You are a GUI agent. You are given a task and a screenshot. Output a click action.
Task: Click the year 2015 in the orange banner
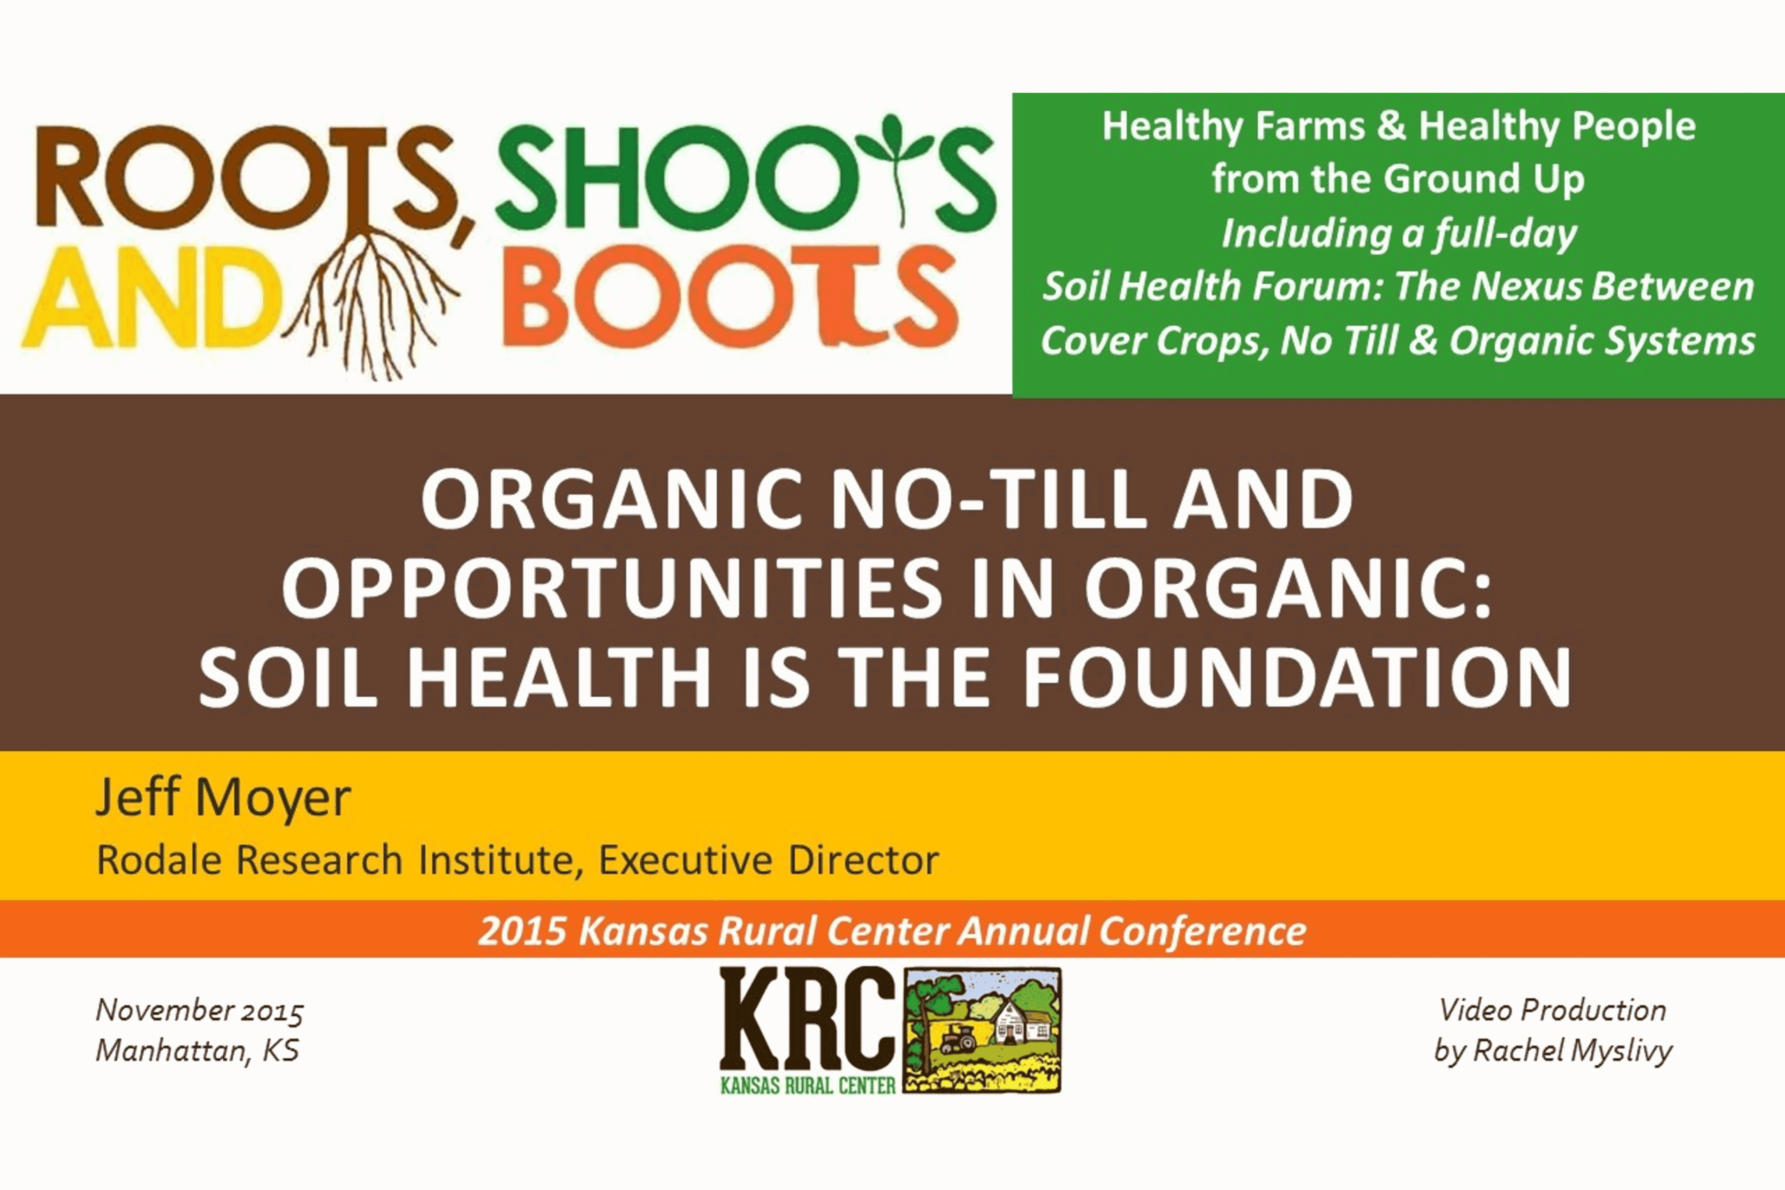(522, 931)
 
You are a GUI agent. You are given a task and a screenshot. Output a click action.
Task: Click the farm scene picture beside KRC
(982, 1030)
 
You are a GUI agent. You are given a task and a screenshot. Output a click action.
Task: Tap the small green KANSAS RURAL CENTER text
(808, 1086)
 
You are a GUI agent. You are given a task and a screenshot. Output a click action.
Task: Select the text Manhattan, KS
(197, 1051)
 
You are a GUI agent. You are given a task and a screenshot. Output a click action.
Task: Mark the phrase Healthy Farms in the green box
(1233, 126)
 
